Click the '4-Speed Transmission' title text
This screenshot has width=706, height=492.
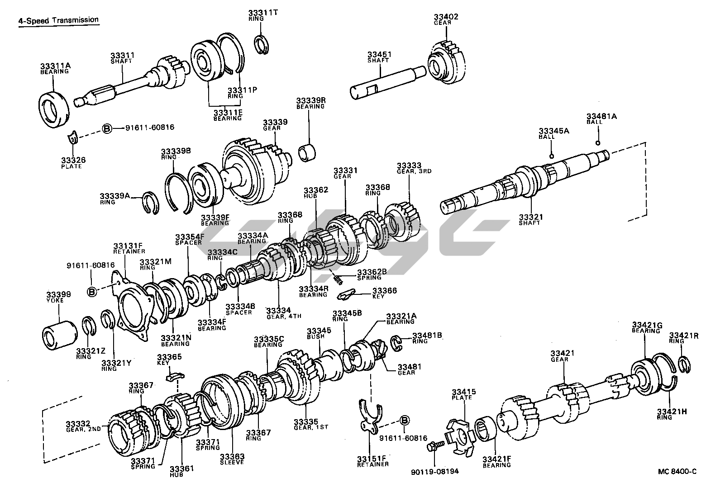pyautogui.click(x=58, y=20)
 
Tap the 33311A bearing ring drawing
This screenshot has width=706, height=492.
pyautogui.click(x=53, y=109)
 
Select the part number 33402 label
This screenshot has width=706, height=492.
pyautogui.click(x=446, y=17)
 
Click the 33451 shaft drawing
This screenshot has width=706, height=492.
pyautogui.click(x=387, y=81)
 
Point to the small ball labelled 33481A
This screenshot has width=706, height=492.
pyautogui.click(x=598, y=143)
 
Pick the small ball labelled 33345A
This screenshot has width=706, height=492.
pyautogui.click(x=552, y=156)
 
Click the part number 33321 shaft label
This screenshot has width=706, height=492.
pyautogui.click(x=531, y=217)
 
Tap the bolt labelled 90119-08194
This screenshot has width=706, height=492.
pyautogui.click(x=432, y=447)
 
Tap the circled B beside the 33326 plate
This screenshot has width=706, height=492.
pyautogui.click(x=107, y=128)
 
